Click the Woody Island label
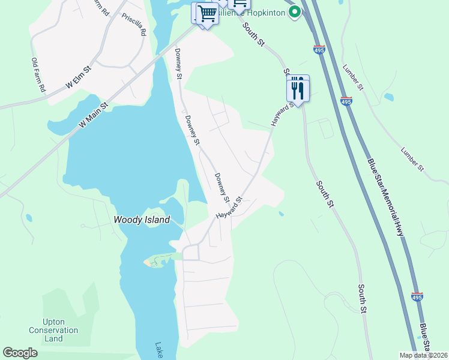(x=142, y=220)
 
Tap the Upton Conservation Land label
(x=53, y=331)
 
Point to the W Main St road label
(x=93, y=114)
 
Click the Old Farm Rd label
(x=38, y=75)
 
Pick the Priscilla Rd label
(x=133, y=25)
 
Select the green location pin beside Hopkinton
(x=294, y=11)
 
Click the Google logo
(x=20, y=353)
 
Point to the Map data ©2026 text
(x=423, y=355)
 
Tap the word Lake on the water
(x=159, y=350)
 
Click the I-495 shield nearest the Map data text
(x=418, y=297)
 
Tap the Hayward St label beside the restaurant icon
(x=283, y=113)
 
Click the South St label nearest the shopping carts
(x=253, y=35)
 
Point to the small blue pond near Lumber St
(x=389, y=97)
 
